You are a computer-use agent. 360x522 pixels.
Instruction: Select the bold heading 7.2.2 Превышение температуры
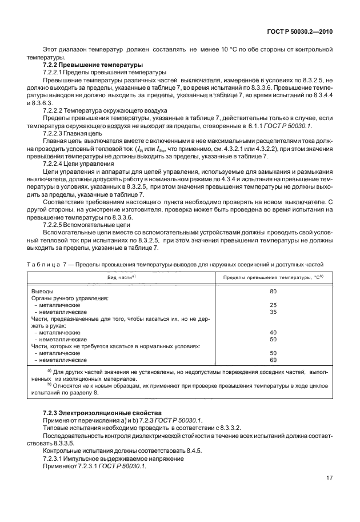pos(93,66)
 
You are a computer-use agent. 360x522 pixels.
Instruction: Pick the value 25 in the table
pos(273,305)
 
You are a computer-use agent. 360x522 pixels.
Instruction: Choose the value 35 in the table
pos(273,312)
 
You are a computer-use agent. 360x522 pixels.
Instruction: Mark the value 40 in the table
pos(273,332)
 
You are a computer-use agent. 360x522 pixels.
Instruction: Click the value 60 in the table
pos(273,360)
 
